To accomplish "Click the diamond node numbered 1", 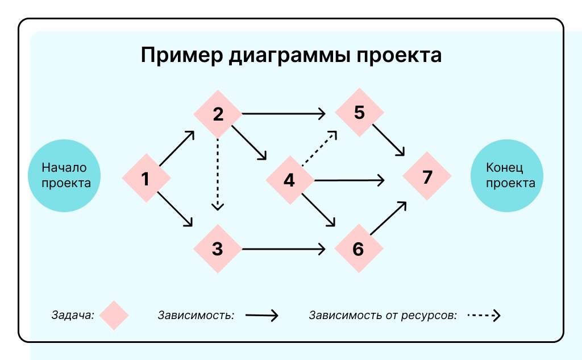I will coord(146,179).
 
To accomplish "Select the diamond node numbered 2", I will coord(218,114).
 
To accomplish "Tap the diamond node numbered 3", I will coord(218,249).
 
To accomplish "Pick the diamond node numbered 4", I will coord(290,181).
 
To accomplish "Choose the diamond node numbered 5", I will coord(359,112).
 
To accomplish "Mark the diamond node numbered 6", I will coord(358,249).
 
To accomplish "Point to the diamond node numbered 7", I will coord(427,177).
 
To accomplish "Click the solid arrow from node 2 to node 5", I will coord(284,114).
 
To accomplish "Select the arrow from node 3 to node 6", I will coord(283,249).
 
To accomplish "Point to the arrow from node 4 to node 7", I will coord(350,181).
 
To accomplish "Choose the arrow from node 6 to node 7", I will coord(389,218).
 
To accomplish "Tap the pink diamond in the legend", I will coord(114,315).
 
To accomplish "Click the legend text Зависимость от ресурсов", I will coord(383,315).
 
